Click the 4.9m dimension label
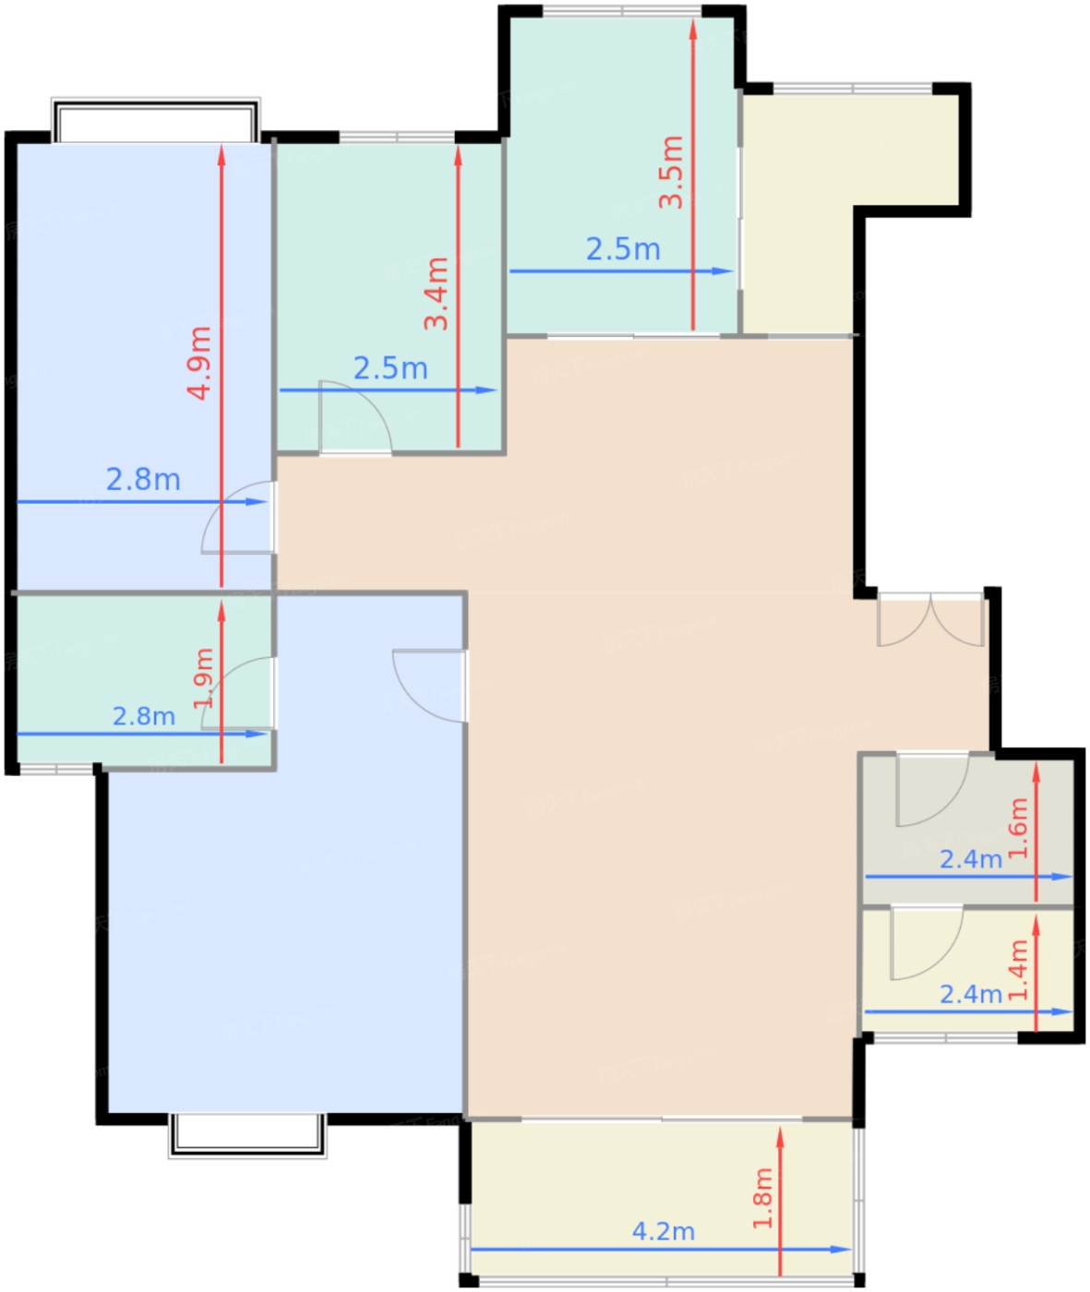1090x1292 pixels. tap(199, 364)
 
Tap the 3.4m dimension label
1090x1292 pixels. tap(436, 293)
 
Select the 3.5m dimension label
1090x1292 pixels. tap(671, 172)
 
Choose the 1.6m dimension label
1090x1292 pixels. tap(1018, 828)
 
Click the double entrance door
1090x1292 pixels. tap(930, 621)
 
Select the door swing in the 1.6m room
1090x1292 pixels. tap(933, 790)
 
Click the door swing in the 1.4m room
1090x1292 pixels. tap(928, 943)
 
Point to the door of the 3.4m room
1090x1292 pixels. tap(356, 418)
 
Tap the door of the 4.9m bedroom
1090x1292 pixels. tap(238, 518)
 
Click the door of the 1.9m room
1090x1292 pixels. tap(238, 694)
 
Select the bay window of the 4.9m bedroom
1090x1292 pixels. tap(155, 120)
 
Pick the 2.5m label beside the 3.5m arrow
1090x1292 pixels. tap(623, 249)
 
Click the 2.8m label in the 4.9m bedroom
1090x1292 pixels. tap(144, 480)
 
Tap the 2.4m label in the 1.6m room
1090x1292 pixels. tap(971, 859)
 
